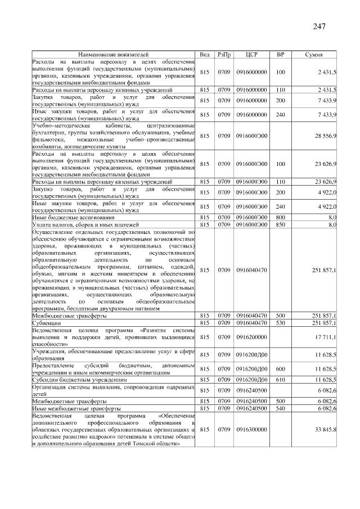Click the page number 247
pos(318,26)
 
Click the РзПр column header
pos(224,55)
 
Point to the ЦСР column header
pos(251,55)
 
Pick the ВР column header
pos(280,55)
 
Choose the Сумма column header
pos(313,55)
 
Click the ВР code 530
pos(280,323)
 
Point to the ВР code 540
pos(280,408)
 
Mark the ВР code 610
pos(280,380)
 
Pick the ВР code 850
pos(280,224)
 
